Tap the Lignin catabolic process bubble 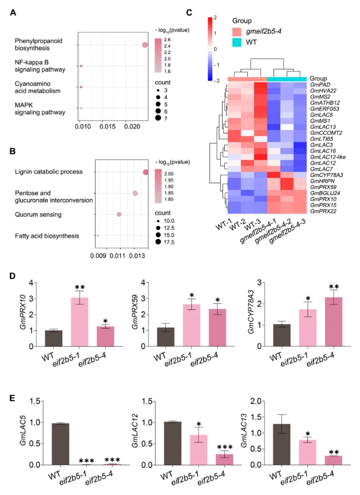point(146,172)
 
